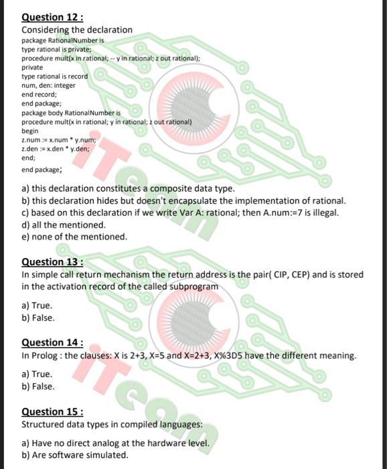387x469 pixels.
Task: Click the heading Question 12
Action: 52,18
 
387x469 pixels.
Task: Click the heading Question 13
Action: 52,262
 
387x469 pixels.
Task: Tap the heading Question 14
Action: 52,342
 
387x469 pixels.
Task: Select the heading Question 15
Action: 52,412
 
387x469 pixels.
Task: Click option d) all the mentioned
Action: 64,225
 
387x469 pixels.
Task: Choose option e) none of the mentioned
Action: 74,237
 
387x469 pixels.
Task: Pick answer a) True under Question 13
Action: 37,306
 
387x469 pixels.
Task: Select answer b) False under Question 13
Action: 38,318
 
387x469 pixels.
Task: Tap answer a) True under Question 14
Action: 37,375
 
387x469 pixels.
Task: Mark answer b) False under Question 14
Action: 38,387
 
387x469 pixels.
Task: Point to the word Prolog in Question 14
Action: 46,355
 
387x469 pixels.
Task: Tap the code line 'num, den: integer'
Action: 49,85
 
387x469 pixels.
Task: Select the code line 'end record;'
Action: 39,94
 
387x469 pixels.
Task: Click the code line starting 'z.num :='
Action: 60,140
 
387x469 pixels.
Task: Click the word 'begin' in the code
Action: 31,131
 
